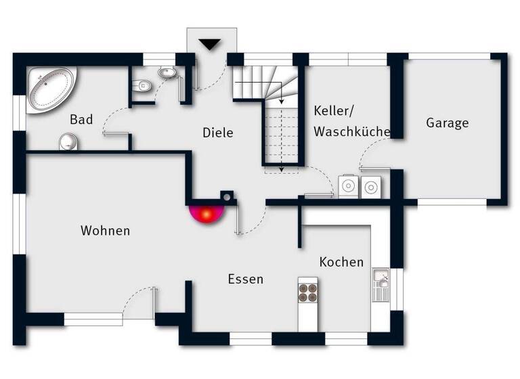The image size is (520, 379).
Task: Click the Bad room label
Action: [x=81, y=120]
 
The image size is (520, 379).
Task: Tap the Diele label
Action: [x=218, y=133]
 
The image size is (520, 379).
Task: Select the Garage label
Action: [x=447, y=123]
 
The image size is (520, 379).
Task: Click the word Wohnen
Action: [x=105, y=231]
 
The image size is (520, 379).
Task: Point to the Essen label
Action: [x=245, y=279]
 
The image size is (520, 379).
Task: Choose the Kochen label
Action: [x=341, y=262]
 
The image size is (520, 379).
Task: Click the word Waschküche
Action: [x=352, y=132]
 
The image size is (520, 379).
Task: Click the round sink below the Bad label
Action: [x=68, y=141]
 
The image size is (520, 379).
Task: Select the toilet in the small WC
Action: [x=142, y=85]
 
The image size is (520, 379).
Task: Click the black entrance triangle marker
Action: [x=211, y=45]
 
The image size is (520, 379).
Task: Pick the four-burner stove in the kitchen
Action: [x=308, y=292]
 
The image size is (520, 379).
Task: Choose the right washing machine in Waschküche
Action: [x=372, y=187]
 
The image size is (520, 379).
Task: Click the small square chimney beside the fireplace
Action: [x=227, y=198]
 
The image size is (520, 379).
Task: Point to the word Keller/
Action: [x=334, y=110]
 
